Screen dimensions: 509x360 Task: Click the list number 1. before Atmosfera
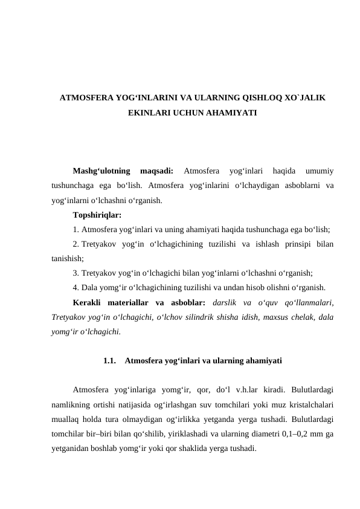[76, 229]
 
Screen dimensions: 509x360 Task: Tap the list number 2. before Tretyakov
[76, 244]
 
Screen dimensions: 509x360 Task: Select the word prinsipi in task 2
[292, 244]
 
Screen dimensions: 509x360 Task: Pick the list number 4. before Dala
[76, 287]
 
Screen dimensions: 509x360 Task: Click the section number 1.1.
[110, 361]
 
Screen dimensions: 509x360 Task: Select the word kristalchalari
[309, 404]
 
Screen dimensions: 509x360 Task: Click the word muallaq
[67, 419]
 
